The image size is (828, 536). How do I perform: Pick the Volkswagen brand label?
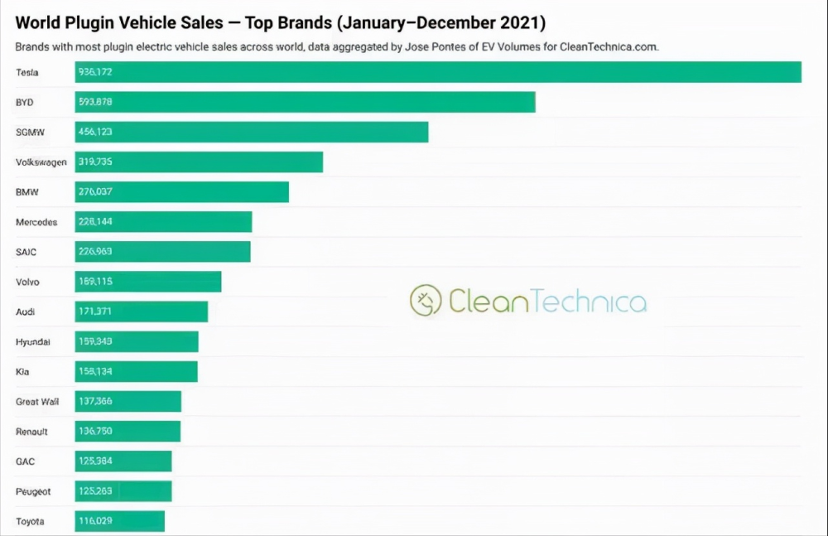click(x=41, y=162)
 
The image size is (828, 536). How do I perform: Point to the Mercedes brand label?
click(x=36, y=222)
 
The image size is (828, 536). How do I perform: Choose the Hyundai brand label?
click(x=33, y=342)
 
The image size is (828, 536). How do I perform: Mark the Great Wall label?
click(x=37, y=402)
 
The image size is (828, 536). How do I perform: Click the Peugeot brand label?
click(x=33, y=491)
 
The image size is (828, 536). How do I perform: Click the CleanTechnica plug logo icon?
click(x=426, y=301)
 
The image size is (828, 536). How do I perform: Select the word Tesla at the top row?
click(x=27, y=72)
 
